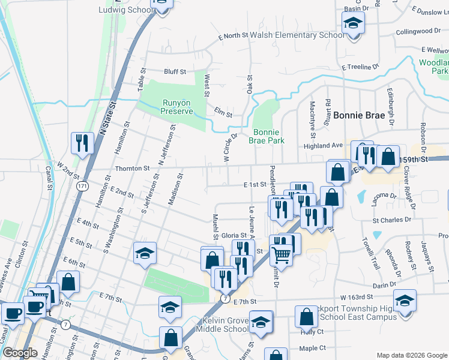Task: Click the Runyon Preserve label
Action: pyautogui.click(x=177, y=106)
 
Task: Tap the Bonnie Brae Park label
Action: pyautogui.click(x=268, y=136)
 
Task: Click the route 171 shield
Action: pyautogui.click(x=83, y=187)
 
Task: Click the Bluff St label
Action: pyautogui.click(x=175, y=71)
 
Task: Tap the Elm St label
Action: pyautogui.click(x=223, y=112)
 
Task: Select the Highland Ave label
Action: pyautogui.click(x=322, y=145)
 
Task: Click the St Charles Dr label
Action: pyautogui.click(x=391, y=220)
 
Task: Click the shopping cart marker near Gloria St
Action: pyautogui.click(x=281, y=254)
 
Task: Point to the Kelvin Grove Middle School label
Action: pyautogui.click(x=225, y=324)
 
